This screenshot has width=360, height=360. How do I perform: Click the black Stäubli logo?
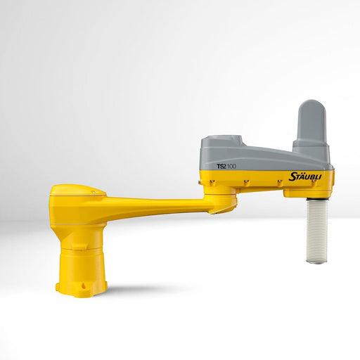304,176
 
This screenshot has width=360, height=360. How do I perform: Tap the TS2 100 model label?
226,167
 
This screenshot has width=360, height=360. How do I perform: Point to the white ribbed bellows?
318,231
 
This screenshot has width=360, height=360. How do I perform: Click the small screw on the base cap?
94,192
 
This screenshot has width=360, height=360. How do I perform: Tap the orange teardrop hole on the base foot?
84,285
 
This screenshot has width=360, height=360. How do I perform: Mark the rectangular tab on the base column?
79,246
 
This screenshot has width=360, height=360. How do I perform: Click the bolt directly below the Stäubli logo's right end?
314,183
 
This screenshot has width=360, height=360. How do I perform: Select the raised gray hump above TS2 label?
222,140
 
